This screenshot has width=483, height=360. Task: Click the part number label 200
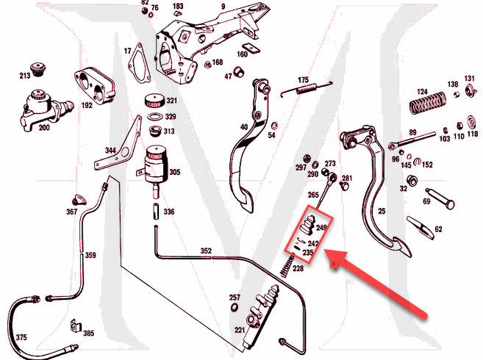click(x=44, y=128)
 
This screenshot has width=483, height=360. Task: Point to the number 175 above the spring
click(x=304, y=79)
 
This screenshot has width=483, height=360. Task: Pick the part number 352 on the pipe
click(x=207, y=251)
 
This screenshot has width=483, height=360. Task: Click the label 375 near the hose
click(x=21, y=338)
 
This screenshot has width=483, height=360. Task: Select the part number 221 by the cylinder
click(x=240, y=330)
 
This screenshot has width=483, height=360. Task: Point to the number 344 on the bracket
click(x=110, y=151)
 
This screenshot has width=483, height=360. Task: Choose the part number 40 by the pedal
click(x=244, y=127)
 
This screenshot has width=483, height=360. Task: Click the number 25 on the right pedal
click(x=382, y=211)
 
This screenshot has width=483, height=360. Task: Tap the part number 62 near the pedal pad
click(x=439, y=229)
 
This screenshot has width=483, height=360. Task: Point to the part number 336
click(x=169, y=212)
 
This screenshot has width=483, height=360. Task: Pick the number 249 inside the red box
click(x=321, y=228)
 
